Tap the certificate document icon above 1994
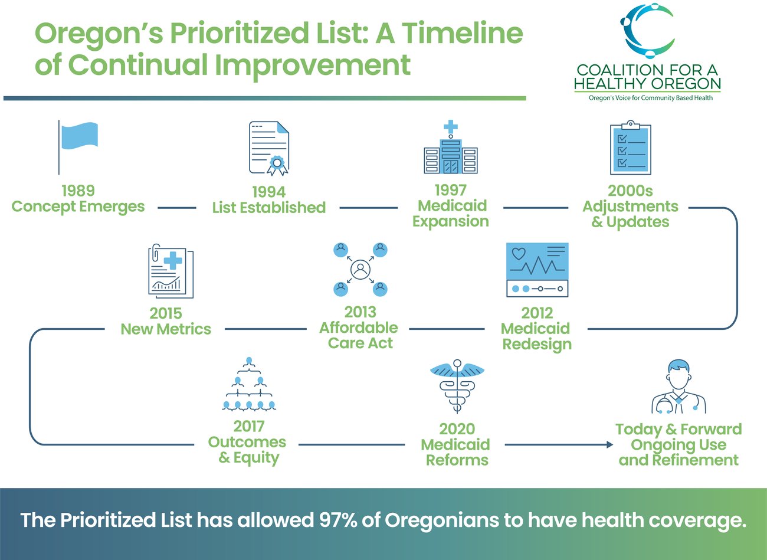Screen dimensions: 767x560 pos(269,148)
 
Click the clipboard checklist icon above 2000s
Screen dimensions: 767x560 pos(630,148)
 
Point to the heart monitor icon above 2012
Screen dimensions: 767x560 pos(537,270)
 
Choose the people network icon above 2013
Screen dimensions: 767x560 pos(360,270)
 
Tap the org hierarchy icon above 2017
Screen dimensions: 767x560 pos(249,384)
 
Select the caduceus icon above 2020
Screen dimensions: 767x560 pos(457,387)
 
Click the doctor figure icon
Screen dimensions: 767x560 pos(678,387)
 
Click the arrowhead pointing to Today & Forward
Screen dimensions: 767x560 pos(610,444)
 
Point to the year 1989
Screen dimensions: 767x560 pos(78,191)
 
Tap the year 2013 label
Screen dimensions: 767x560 pos(360,312)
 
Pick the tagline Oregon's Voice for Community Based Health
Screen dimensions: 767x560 pos(651,98)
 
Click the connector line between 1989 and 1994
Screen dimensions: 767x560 pos(176,208)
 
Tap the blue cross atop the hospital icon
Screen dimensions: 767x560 pos(451,126)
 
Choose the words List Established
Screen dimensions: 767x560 pos(269,208)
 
